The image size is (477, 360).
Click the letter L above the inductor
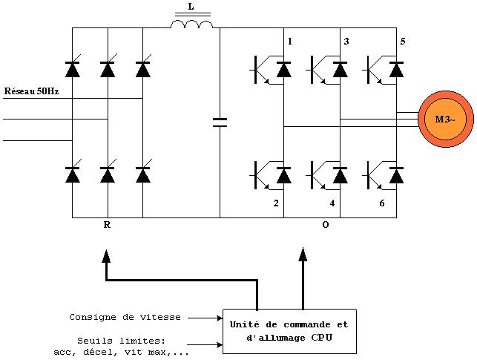click(191, 7)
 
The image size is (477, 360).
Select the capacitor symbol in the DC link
click(220, 122)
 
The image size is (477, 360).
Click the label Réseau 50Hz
click(30, 92)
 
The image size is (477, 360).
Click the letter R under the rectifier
click(107, 226)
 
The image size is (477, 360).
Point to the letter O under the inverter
click(325, 226)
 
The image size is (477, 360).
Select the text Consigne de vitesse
click(125, 317)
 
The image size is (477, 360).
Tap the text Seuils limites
click(119, 341)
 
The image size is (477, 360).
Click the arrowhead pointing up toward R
click(107, 256)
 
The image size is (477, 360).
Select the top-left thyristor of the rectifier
click(72, 70)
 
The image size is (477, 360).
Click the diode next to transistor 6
click(396, 175)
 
